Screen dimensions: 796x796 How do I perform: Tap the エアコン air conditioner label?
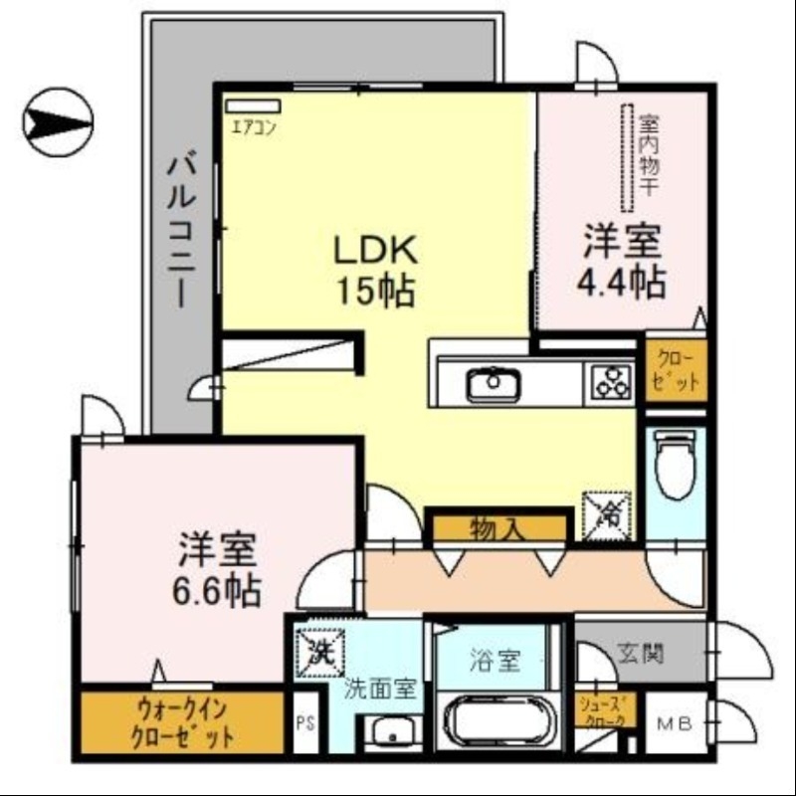(x=254, y=126)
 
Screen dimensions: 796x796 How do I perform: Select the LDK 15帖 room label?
(x=373, y=270)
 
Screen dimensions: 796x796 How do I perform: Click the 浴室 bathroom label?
(x=494, y=661)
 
